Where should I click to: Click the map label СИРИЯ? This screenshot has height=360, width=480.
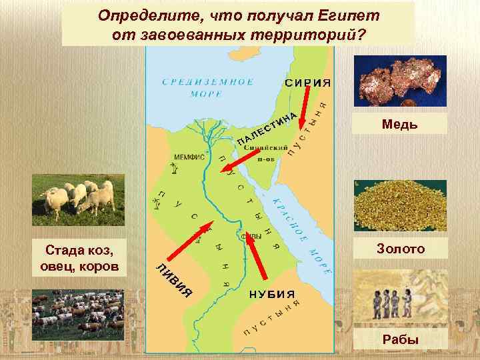pyautogui.click(x=308, y=83)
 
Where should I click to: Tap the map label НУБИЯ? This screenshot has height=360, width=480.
pyautogui.click(x=272, y=294)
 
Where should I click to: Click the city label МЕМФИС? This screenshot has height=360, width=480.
pyautogui.click(x=189, y=158)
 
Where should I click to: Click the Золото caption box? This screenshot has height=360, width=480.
pyautogui.click(x=401, y=249)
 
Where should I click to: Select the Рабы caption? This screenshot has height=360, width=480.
pyautogui.click(x=401, y=340)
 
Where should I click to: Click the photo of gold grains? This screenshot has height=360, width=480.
pyautogui.click(x=400, y=205)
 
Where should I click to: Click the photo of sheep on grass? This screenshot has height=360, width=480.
pyautogui.click(x=79, y=198)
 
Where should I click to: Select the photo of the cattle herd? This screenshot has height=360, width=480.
pyautogui.click(x=79, y=315)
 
